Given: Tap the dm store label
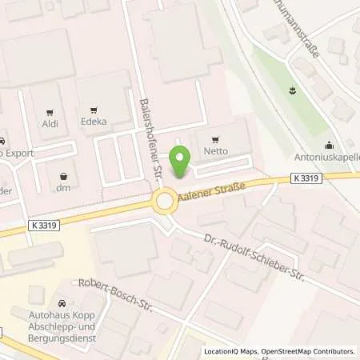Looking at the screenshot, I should click(x=64, y=188).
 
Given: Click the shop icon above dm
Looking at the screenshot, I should click(x=64, y=174).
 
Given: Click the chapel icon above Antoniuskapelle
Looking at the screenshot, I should click(x=330, y=145).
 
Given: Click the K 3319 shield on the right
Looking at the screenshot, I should click(x=307, y=179).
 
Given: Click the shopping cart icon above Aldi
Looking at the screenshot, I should click(x=50, y=112).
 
